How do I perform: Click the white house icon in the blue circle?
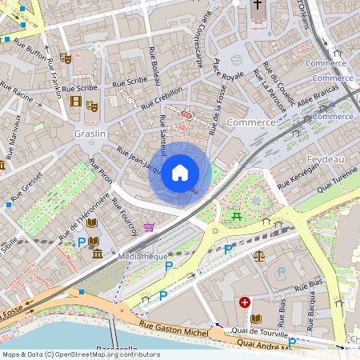[180, 173]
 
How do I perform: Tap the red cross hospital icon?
[245, 302]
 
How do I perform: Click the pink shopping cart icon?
[149, 228]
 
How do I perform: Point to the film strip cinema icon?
[75, 102]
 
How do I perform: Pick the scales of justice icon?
[258, 256]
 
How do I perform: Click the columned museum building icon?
[97, 254]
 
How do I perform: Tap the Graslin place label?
[90, 134]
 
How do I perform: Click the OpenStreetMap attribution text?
[81, 354]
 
